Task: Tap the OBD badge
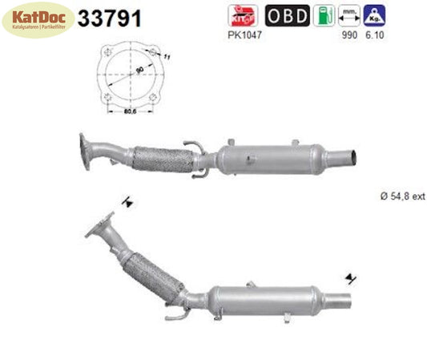pos(285,15)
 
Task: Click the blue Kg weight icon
pos(372,15)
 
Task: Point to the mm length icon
pos(348,15)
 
